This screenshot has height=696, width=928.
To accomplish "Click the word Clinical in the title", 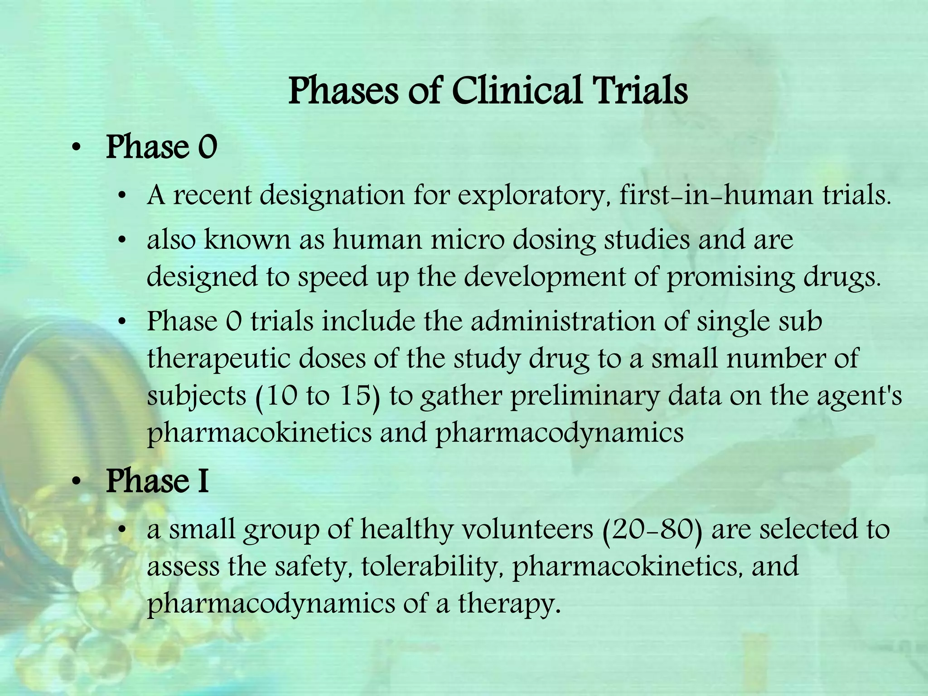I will (x=516, y=91).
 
